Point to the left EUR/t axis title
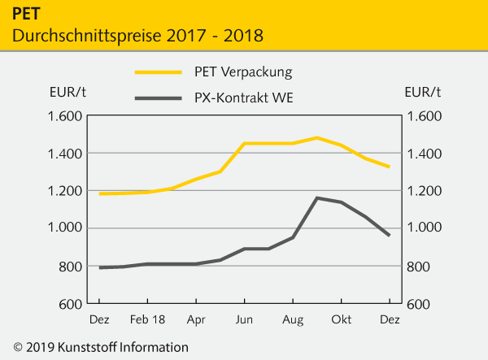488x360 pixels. [68, 91]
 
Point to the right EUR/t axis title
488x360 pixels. [422, 91]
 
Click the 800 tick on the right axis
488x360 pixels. [420, 266]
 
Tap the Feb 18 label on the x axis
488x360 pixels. [148, 320]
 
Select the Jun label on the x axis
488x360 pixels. [244, 320]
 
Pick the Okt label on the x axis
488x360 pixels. [341, 320]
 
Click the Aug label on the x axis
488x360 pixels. [293, 320]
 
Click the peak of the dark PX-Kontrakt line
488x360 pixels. [317, 197]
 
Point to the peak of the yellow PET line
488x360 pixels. [317, 137]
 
